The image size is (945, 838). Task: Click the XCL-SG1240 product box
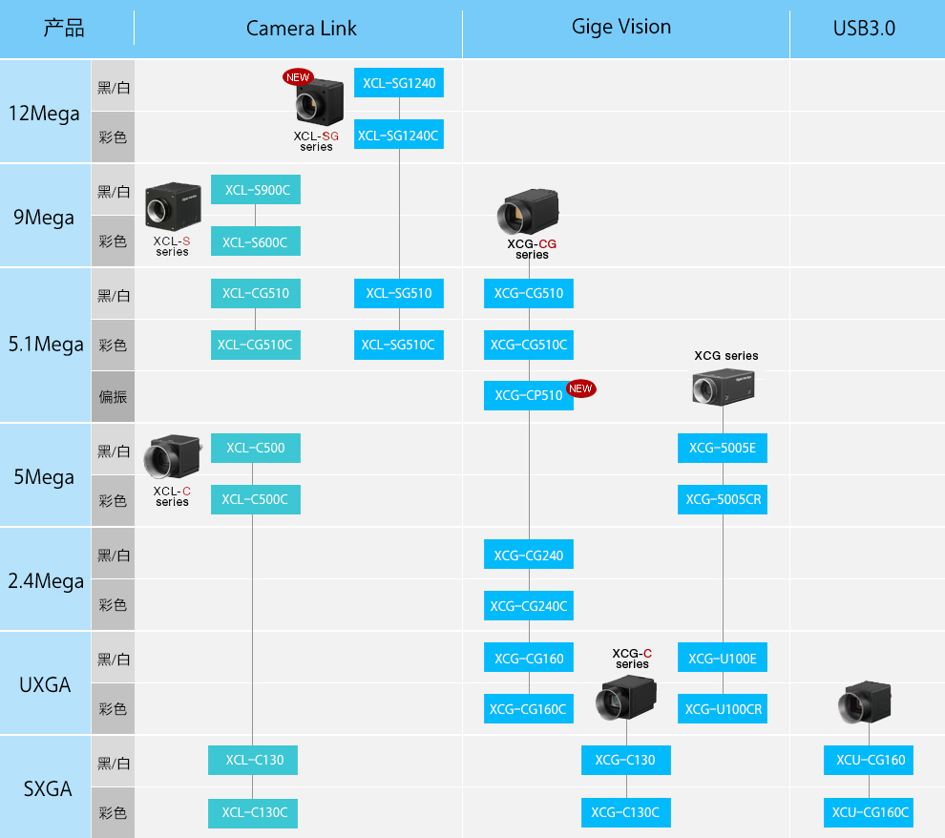click(398, 82)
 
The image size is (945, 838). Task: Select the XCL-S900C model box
click(256, 190)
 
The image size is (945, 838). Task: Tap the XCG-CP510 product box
click(529, 396)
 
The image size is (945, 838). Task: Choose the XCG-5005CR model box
click(722, 499)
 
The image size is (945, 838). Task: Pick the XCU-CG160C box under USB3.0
click(869, 812)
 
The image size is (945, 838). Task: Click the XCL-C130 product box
click(253, 761)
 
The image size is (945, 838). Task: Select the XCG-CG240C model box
click(529, 605)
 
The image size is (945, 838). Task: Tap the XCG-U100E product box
click(722, 658)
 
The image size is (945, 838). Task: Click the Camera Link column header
click(301, 29)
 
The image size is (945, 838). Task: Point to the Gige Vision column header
click(620, 27)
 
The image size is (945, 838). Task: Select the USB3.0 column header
click(864, 29)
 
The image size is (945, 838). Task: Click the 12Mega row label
click(44, 114)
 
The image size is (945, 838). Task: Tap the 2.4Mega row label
click(46, 581)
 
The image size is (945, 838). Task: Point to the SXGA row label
click(47, 788)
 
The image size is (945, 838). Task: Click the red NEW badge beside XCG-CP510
click(581, 388)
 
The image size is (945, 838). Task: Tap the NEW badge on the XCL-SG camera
click(298, 77)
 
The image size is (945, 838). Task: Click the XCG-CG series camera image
click(528, 212)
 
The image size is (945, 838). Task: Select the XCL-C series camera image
click(173, 455)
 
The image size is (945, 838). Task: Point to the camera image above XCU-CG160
click(864, 702)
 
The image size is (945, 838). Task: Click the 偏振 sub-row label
click(113, 396)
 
